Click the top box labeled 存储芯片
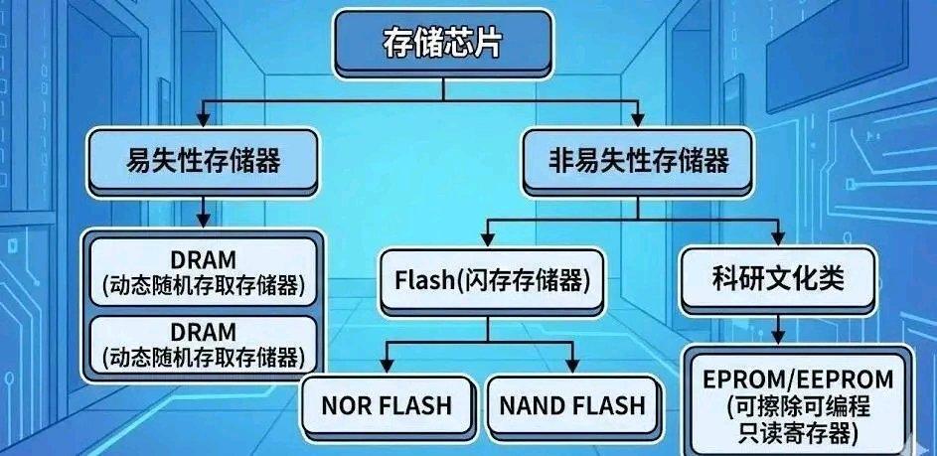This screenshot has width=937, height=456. (x=442, y=44)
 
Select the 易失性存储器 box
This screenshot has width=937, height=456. (x=204, y=161)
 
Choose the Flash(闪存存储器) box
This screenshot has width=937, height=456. (x=486, y=281)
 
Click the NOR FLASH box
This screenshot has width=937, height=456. (x=387, y=405)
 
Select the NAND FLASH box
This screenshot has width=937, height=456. (x=571, y=405)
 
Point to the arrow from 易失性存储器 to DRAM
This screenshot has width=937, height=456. (x=204, y=210)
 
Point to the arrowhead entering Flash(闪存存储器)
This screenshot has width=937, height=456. (x=486, y=238)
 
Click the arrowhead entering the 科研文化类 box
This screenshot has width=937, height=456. (x=776, y=238)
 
